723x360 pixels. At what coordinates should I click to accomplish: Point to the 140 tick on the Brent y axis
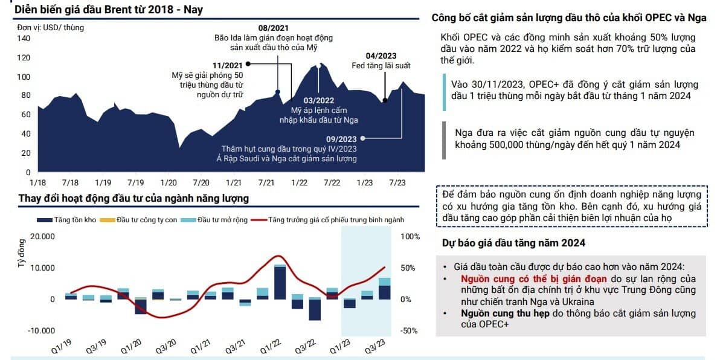[x=24, y=38]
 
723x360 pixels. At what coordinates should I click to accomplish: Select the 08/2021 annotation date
[x=274, y=28]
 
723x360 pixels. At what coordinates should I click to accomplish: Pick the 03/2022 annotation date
[x=319, y=100]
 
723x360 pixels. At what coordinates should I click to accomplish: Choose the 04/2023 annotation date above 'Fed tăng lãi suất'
[x=381, y=56]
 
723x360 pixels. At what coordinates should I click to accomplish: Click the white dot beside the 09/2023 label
[x=364, y=138]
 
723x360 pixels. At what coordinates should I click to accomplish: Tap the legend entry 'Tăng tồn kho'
[x=66, y=220]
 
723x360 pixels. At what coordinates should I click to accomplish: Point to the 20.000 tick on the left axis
[x=42, y=236]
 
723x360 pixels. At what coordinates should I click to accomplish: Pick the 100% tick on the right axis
[x=411, y=236]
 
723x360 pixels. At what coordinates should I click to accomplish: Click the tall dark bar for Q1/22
[x=280, y=283]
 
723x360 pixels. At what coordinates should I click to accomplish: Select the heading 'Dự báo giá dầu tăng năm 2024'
[x=513, y=243]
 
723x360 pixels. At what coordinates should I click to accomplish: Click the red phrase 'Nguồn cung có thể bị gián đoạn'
[x=533, y=279]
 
